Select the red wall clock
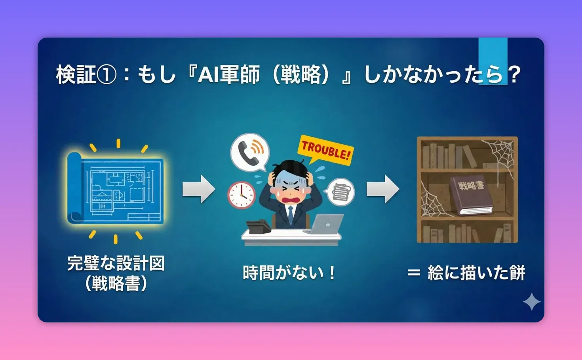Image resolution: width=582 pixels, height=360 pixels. tap(241, 195)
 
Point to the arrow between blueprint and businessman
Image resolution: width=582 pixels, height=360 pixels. tap(198, 189)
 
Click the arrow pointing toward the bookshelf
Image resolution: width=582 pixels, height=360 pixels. tap(382, 189)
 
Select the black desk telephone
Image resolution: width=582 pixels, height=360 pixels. tap(258, 226)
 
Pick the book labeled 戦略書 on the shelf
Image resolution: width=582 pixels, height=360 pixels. tap(472, 195)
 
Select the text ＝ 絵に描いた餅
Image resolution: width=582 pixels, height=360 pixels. tap(466, 273)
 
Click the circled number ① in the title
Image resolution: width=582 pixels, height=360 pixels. tap(107, 75)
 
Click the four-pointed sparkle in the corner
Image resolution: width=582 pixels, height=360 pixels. tap(531, 302)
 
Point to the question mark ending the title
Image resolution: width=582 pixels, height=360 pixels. tap(514, 74)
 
